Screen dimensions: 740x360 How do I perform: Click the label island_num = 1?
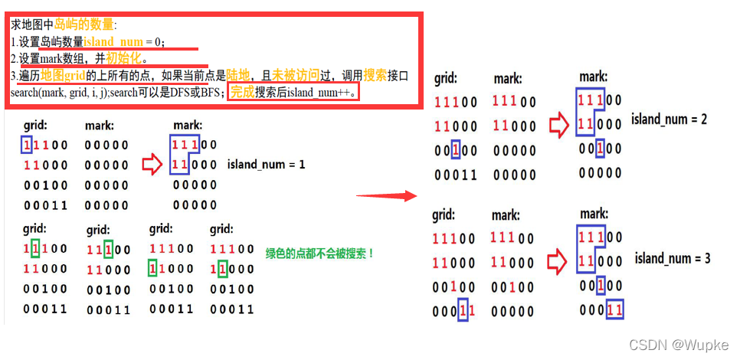pyautogui.click(x=266, y=165)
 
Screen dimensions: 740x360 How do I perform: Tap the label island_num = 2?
pyautogui.click(x=669, y=119)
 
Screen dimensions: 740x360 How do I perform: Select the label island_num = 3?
pyautogui.click(x=672, y=258)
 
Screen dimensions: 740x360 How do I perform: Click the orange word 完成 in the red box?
pyautogui.click(x=242, y=92)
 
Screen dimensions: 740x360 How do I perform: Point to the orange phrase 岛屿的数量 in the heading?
pyautogui.click(x=82, y=25)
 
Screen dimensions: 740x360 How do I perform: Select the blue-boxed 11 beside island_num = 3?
pyautogui.click(x=614, y=309)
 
